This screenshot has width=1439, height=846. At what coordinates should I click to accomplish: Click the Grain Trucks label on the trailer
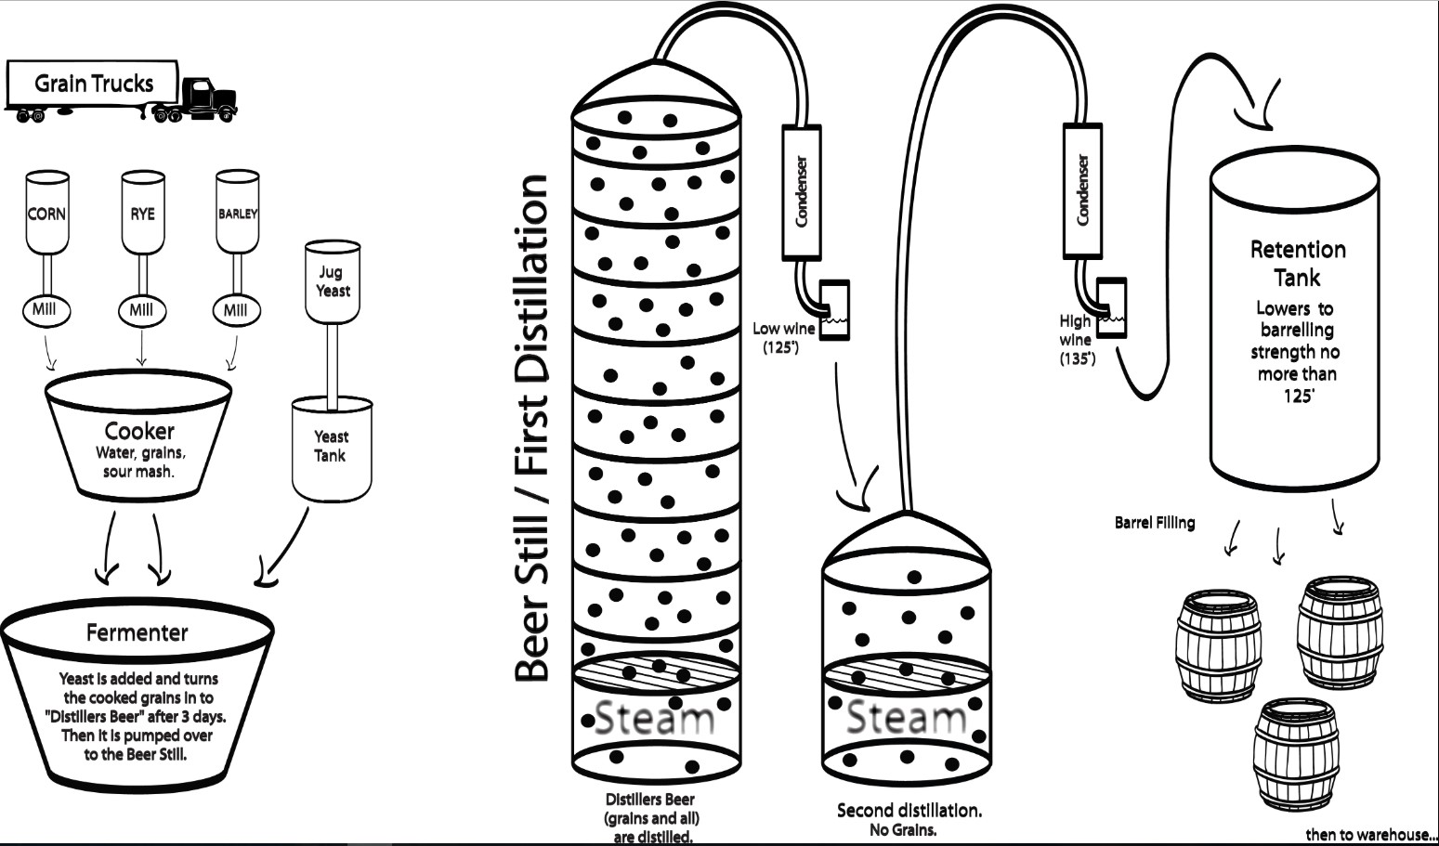(94, 84)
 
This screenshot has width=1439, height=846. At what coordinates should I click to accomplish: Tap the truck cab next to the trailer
(207, 99)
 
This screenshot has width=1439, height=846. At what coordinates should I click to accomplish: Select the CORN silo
(46, 213)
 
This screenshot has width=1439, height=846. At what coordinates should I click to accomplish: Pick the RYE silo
(143, 213)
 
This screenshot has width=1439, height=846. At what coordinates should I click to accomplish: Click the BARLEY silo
(238, 212)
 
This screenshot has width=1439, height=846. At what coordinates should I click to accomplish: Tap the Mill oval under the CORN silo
(46, 311)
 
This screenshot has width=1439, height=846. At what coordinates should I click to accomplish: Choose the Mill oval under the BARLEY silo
(236, 311)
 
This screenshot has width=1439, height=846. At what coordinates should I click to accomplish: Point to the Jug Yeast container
(333, 282)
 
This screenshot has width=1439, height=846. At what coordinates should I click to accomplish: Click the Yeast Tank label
(331, 446)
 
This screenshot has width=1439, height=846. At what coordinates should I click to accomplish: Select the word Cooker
(139, 431)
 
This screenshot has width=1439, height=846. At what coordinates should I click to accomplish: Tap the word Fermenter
(137, 632)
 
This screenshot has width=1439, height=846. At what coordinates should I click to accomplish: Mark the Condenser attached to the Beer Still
(801, 192)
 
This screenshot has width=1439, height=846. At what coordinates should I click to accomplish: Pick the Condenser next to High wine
(1082, 190)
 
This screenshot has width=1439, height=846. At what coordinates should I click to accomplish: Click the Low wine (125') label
(784, 338)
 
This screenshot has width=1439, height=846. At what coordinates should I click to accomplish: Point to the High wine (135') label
(1078, 340)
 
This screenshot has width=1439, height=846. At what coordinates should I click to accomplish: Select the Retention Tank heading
(1298, 264)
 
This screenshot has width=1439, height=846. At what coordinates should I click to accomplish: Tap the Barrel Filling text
(1155, 523)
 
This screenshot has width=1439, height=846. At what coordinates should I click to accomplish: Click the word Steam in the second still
(906, 718)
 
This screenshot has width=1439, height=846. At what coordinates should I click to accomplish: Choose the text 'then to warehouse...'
(1371, 835)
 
